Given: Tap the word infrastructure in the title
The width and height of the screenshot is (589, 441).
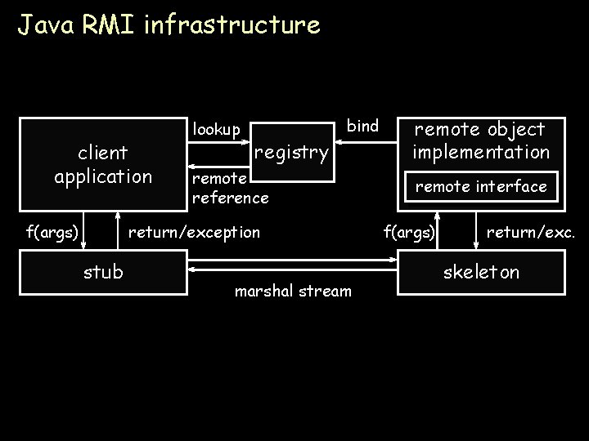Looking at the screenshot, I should click(232, 25).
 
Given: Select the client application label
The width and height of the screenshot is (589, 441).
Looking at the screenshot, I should click(103, 164).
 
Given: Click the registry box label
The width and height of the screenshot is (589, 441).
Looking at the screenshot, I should click(292, 152).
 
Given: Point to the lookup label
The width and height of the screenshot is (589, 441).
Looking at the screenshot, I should click(216, 130).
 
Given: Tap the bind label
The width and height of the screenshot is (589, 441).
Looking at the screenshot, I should click(363, 126).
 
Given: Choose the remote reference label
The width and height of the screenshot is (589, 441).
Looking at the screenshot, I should click(229, 188).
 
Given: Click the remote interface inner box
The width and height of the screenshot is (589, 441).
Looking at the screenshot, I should click(481, 187).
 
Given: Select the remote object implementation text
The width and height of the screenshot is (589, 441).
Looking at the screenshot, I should click(480, 140).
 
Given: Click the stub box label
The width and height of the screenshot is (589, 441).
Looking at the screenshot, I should click(103, 272).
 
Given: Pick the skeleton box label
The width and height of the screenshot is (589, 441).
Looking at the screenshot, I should click(481, 272).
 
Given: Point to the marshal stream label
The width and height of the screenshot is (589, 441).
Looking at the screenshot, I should click(294, 292).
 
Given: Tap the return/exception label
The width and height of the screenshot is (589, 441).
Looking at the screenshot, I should click(195, 233).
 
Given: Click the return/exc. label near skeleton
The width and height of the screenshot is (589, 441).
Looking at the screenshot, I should click(531, 233).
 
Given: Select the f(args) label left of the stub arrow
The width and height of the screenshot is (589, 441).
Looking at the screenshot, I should click(52, 233).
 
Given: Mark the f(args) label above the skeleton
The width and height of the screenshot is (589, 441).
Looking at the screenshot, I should click(410, 233).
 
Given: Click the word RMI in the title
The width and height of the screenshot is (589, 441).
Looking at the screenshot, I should click(110, 25).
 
